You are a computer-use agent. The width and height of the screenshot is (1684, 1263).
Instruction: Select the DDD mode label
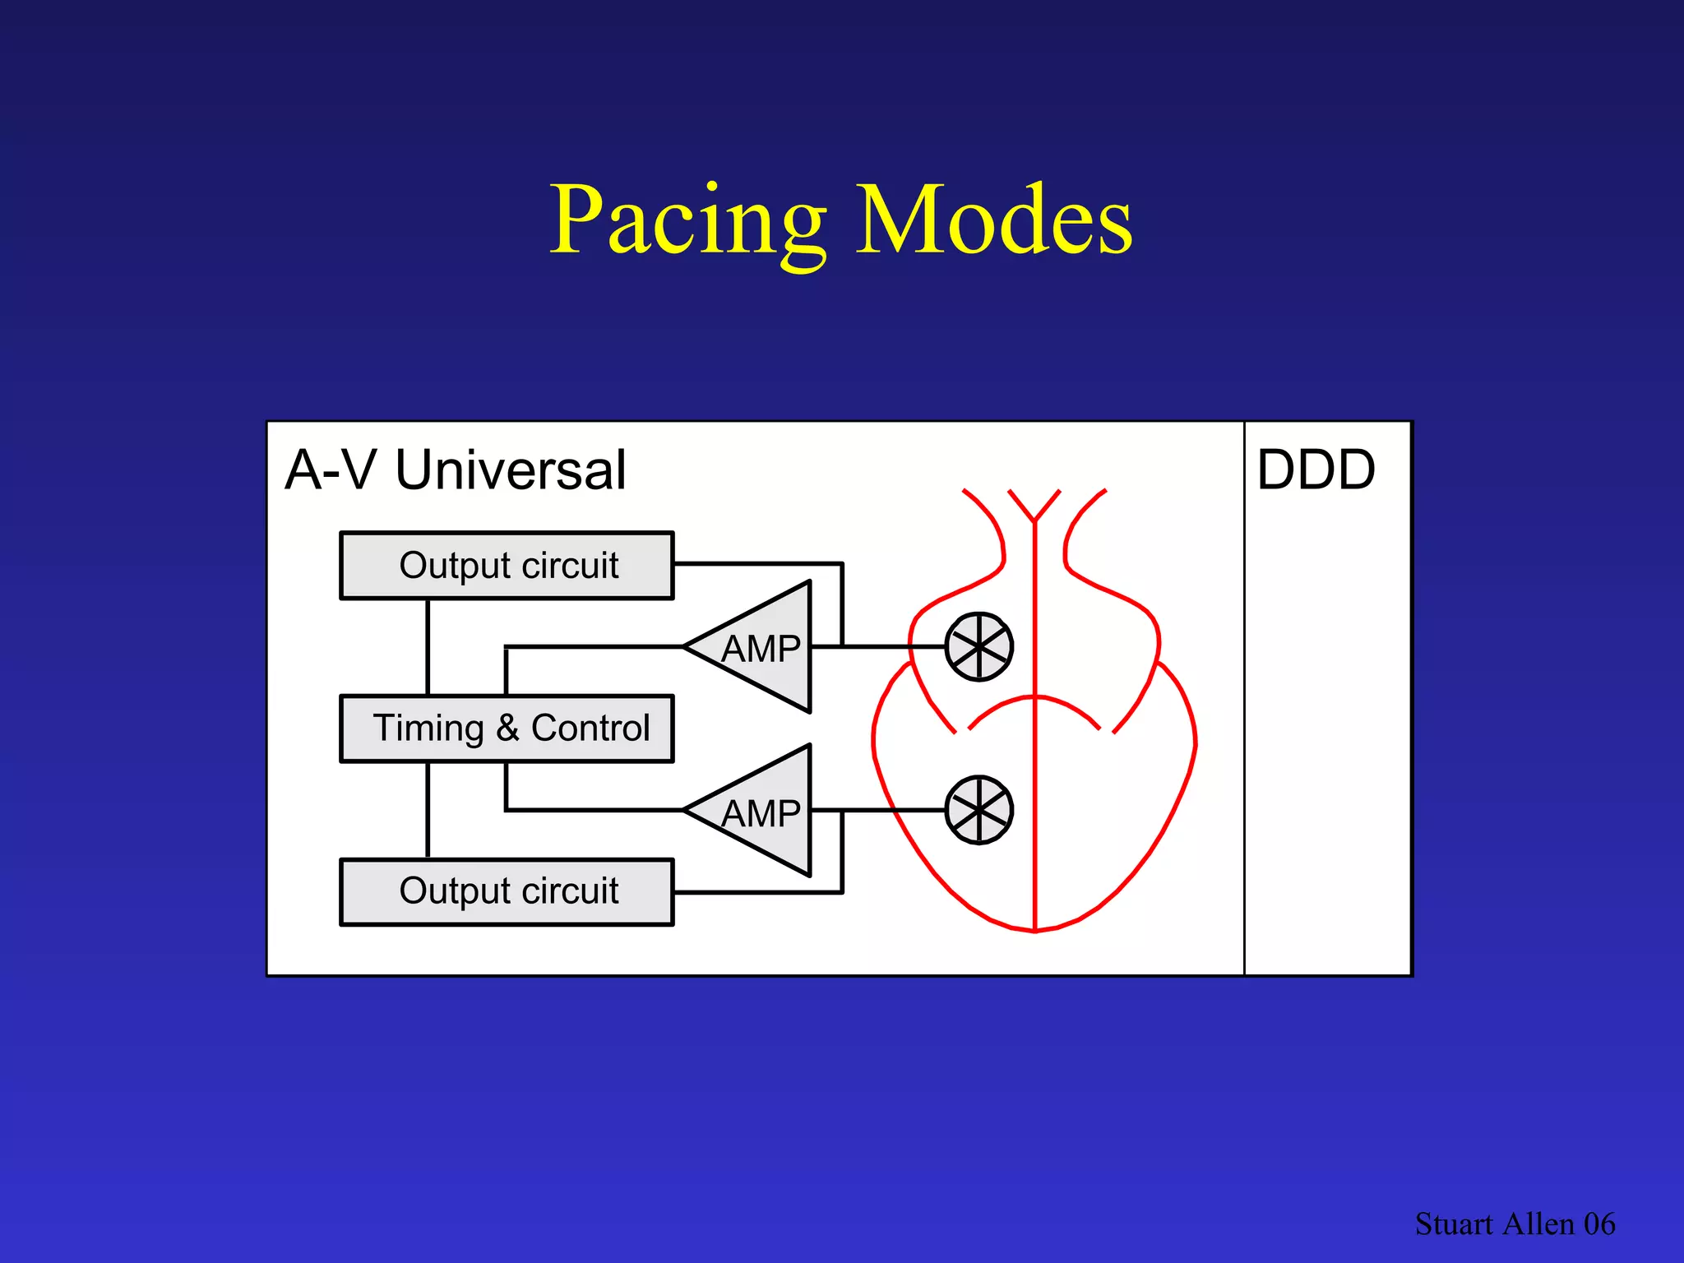pos(1316,470)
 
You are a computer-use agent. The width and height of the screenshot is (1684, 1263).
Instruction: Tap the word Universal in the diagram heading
pos(511,470)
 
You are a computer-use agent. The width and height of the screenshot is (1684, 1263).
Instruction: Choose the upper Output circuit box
pos(507,566)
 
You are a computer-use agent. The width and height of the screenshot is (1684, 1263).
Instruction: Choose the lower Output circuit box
pos(507,892)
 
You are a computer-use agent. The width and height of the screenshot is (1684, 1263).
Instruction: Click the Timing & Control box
pos(507,729)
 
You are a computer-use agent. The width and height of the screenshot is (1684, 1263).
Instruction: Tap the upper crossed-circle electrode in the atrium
pos(978,647)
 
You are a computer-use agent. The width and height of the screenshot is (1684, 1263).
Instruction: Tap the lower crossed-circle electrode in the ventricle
pos(978,810)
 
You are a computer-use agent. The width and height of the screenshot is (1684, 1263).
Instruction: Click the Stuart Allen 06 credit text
pos(1515,1224)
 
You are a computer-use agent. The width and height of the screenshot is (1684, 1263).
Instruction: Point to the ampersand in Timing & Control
pos(507,729)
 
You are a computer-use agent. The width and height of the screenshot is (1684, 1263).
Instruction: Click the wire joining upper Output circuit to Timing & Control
pos(428,647)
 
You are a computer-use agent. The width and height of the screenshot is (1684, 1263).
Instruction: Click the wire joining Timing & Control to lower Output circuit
pos(428,810)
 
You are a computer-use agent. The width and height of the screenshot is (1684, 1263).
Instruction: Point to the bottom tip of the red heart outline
pos(1034,931)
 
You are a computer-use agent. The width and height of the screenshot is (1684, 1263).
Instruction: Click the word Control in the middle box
pos(590,729)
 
